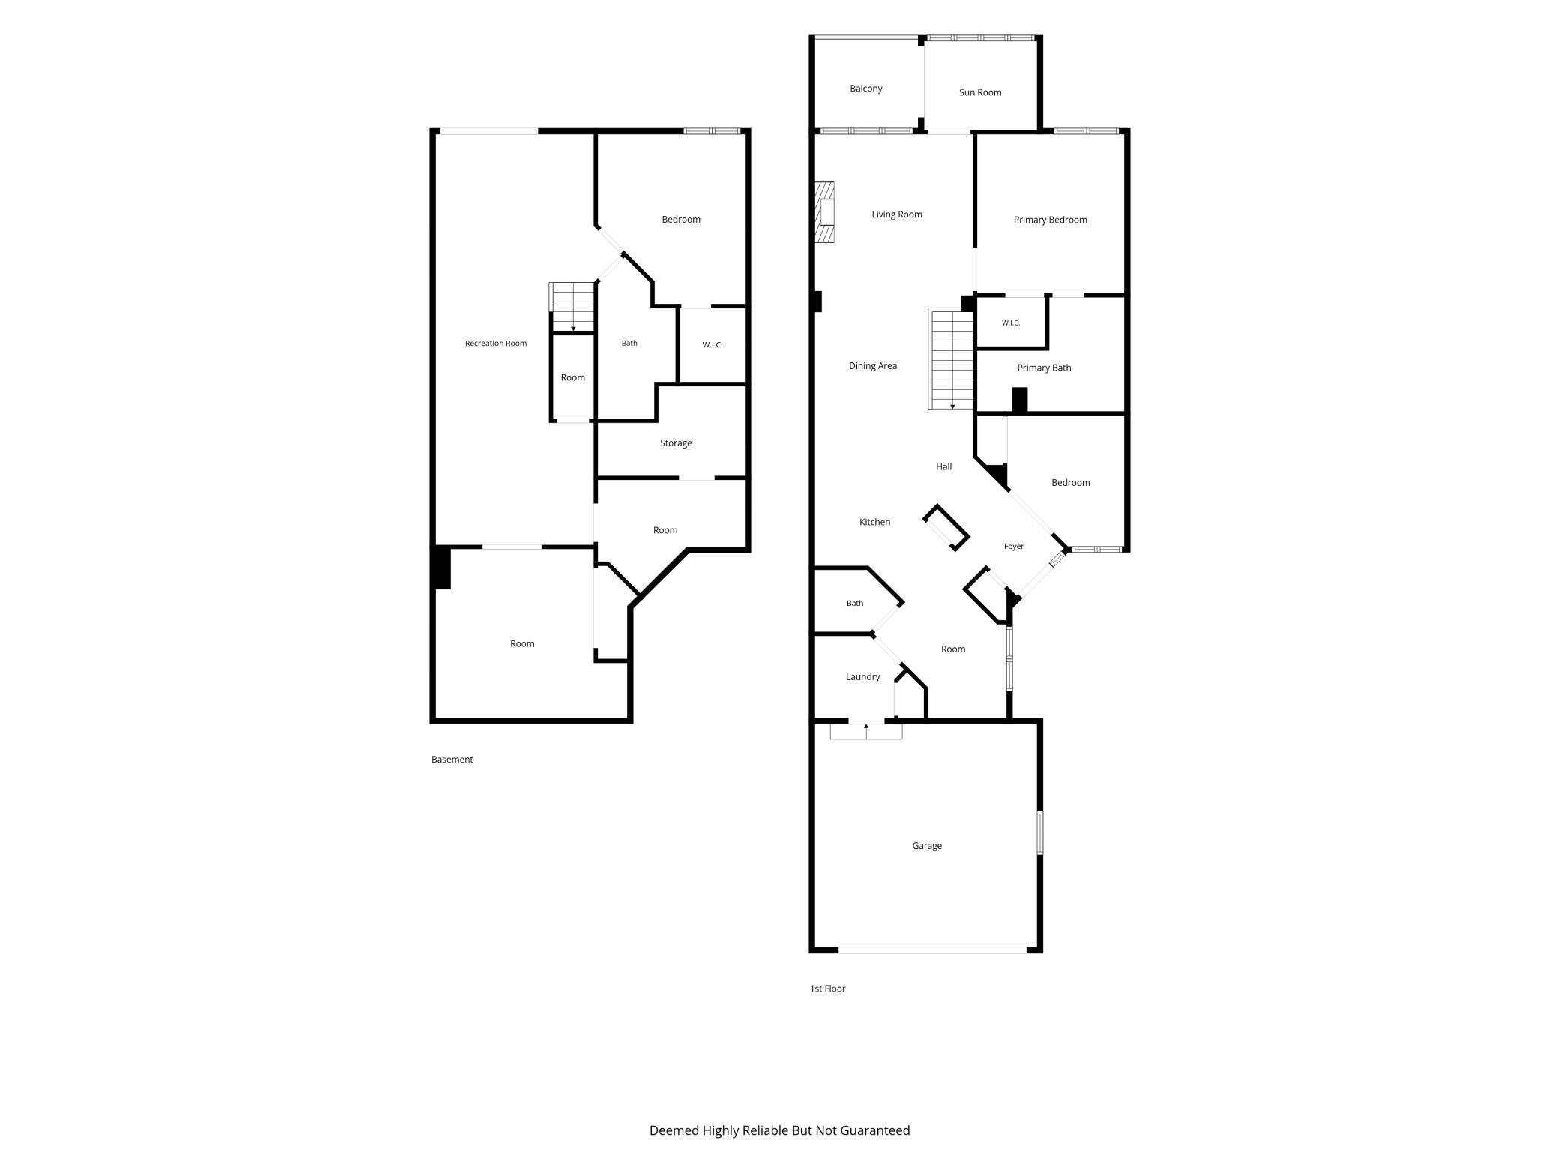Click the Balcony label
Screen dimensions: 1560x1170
click(x=865, y=88)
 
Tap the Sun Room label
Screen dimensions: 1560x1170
click(x=980, y=92)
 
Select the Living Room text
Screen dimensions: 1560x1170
click(x=897, y=214)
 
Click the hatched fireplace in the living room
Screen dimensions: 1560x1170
click(x=825, y=212)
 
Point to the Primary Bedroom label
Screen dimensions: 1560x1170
click(x=1050, y=220)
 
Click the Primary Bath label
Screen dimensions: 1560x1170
click(x=1044, y=367)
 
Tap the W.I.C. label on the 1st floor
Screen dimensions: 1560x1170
click(x=1011, y=323)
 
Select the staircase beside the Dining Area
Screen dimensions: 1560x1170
click(x=951, y=358)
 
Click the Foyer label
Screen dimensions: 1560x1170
click(x=1014, y=547)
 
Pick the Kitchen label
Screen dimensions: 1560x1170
click(x=874, y=522)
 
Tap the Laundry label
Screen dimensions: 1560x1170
click(x=862, y=677)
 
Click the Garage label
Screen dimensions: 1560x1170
click(x=927, y=846)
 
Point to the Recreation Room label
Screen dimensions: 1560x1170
click(x=496, y=343)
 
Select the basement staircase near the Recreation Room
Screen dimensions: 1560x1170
click(x=572, y=307)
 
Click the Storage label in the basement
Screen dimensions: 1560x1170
click(x=676, y=443)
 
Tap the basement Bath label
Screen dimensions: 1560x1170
click(x=629, y=343)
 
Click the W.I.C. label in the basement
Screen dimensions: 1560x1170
click(x=712, y=345)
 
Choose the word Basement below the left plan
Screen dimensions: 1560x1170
click(x=451, y=760)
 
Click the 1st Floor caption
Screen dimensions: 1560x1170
click(x=827, y=988)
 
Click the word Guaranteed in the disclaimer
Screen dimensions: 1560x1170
click(x=874, y=1130)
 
